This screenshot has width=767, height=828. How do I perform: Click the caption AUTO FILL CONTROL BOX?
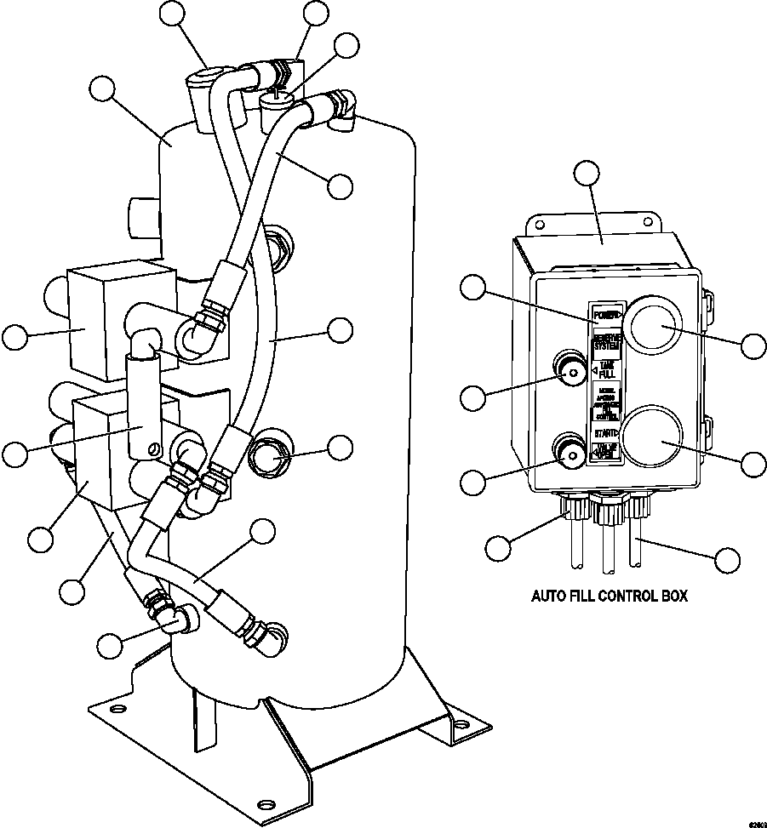coord(610,597)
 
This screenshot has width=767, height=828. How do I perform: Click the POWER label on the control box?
coord(607,314)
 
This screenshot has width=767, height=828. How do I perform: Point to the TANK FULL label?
coord(607,368)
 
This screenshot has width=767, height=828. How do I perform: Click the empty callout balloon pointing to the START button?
coord(753,464)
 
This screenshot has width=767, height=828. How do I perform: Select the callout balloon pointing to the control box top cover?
coord(586,174)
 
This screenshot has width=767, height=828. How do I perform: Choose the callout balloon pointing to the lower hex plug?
coord(340,447)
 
